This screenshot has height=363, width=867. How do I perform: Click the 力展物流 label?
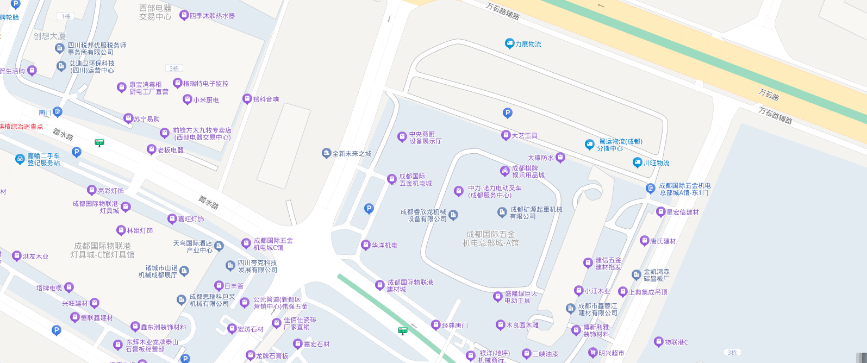pyautogui.click(x=528, y=44)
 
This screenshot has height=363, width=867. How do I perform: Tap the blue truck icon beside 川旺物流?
pyautogui.click(x=638, y=162)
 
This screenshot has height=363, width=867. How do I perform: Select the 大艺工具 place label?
pyautogui.click(x=525, y=135)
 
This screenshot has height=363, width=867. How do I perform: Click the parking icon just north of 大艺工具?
pyautogui.click(x=507, y=113)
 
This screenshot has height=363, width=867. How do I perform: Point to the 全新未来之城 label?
pyautogui.click(x=352, y=154)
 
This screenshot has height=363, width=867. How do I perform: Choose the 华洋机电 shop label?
pyautogui.click(x=384, y=246)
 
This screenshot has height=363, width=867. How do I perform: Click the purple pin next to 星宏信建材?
pyautogui.click(x=661, y=212)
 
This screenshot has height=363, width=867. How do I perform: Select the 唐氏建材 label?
pyautogui.click(x=663, y=241)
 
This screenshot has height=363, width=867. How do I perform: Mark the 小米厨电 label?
pyautogui.click(x=206, y=100)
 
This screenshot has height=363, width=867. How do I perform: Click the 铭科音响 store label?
pyautogui.click(x=266, y=99)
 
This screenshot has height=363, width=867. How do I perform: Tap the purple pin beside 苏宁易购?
pyautogui.click(x=128, y=118)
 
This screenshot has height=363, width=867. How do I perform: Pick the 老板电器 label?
pyautogui.click(x=170, y=150)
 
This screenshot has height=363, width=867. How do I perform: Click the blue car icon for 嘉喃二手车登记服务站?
pyautogui.click(x=20, y=159)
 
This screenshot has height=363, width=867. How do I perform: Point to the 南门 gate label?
pyautogui.click(x=45, y=112)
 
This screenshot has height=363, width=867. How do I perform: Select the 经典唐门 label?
pyautogui.click(x=454, y=326)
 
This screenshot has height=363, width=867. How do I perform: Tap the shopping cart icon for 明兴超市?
pyautogui.click(x=593, y=353)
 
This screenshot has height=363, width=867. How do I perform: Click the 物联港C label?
pyautogui.click(x=676, y=342)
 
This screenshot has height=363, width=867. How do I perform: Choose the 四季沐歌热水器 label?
pyautogui.click(x=212, y=16)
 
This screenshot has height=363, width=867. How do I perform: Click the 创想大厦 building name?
pyautogui.click(x=49, y=36)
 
